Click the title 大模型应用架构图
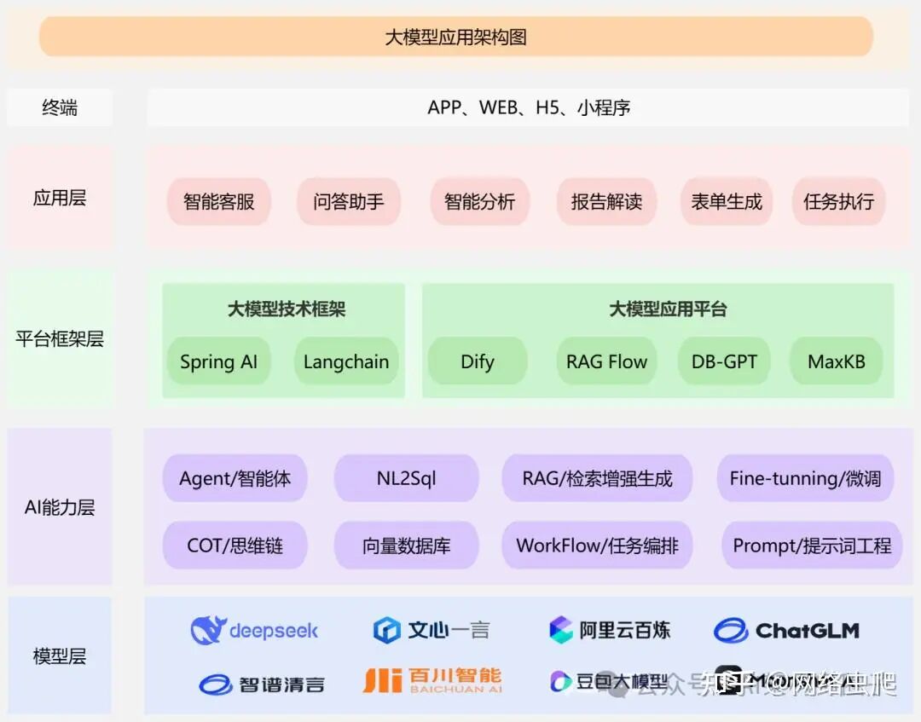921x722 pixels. (x=456, y=38)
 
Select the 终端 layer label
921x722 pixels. (x=60, y=108)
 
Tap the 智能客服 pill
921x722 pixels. (x=219, y=202)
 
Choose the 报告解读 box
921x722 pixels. (x=606, y=202)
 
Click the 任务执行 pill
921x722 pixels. (x=838, y=202)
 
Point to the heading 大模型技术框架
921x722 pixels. (x=287, y=309)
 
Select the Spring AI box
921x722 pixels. (x=218, y=361)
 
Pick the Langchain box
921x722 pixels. (x=346, y=361)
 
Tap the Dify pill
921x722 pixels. (x=477, y=361)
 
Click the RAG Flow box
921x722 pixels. (x=606, y=361)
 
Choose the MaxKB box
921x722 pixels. (x=836, y=361)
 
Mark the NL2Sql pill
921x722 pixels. (x=406, y=478)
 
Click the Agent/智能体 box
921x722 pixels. (x=235, y=478)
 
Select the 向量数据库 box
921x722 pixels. (x=406, y=546)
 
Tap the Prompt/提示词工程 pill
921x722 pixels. (x=812, y=546)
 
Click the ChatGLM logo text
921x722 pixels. (x=807, y=631)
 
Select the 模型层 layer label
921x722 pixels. (x=60, y=656)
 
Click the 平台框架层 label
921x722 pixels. (x=60, y=338)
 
